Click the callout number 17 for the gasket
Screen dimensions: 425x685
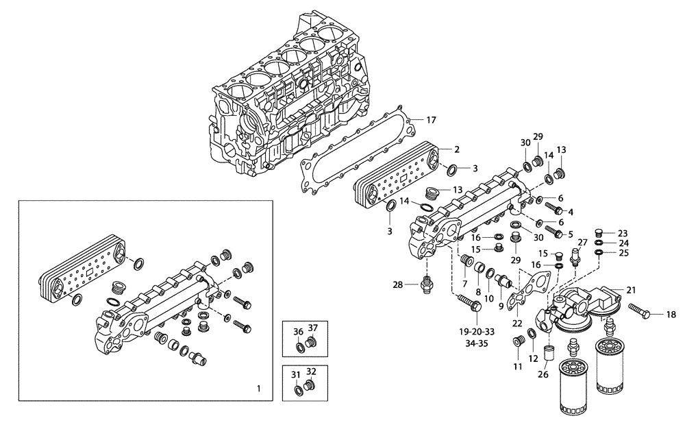tap(431, 121)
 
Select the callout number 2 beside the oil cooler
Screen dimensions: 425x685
tap(456, 149)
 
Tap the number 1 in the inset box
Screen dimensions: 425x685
tap(258, 389)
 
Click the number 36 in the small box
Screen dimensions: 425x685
tap(298, 332)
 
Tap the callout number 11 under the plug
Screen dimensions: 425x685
tap(518, 367)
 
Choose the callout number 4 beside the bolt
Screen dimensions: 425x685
tap(570, 211)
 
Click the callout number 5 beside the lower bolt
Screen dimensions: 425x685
tap(570, 234)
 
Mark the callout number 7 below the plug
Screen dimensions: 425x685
tap(464, 283)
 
